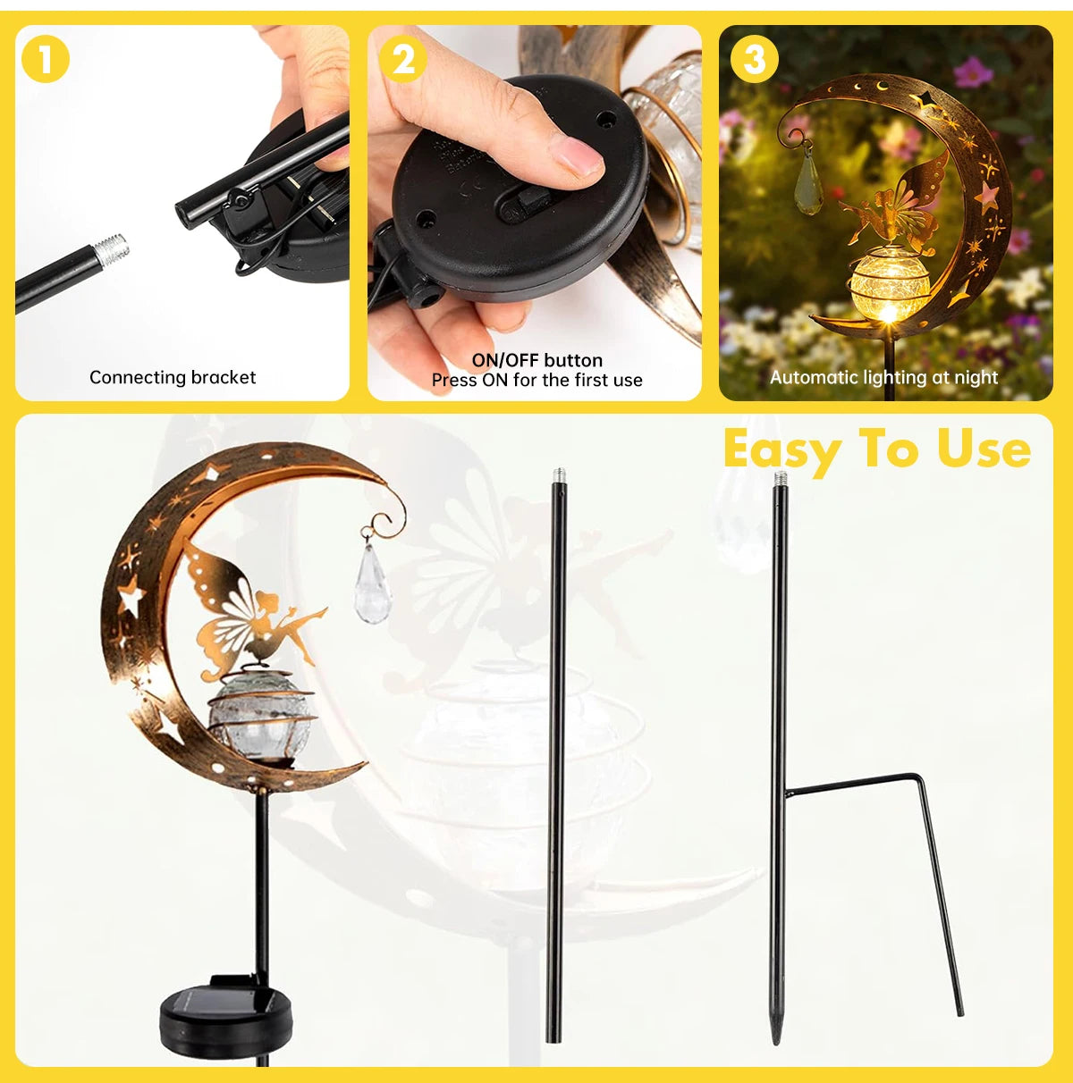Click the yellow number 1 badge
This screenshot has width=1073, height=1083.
tap(45, 60)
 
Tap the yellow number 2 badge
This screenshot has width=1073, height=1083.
tap(402, 60)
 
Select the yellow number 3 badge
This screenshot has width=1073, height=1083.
tap(754, 60)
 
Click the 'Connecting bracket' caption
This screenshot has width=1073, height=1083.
tap(173, 377)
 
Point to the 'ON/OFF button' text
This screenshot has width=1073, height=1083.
tap(537, 360)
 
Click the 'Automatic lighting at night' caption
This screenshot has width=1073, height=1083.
tap(883, 377)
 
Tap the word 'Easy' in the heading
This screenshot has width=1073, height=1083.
tap(779, 449)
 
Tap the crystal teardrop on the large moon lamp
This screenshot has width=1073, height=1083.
tap(372, 582)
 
